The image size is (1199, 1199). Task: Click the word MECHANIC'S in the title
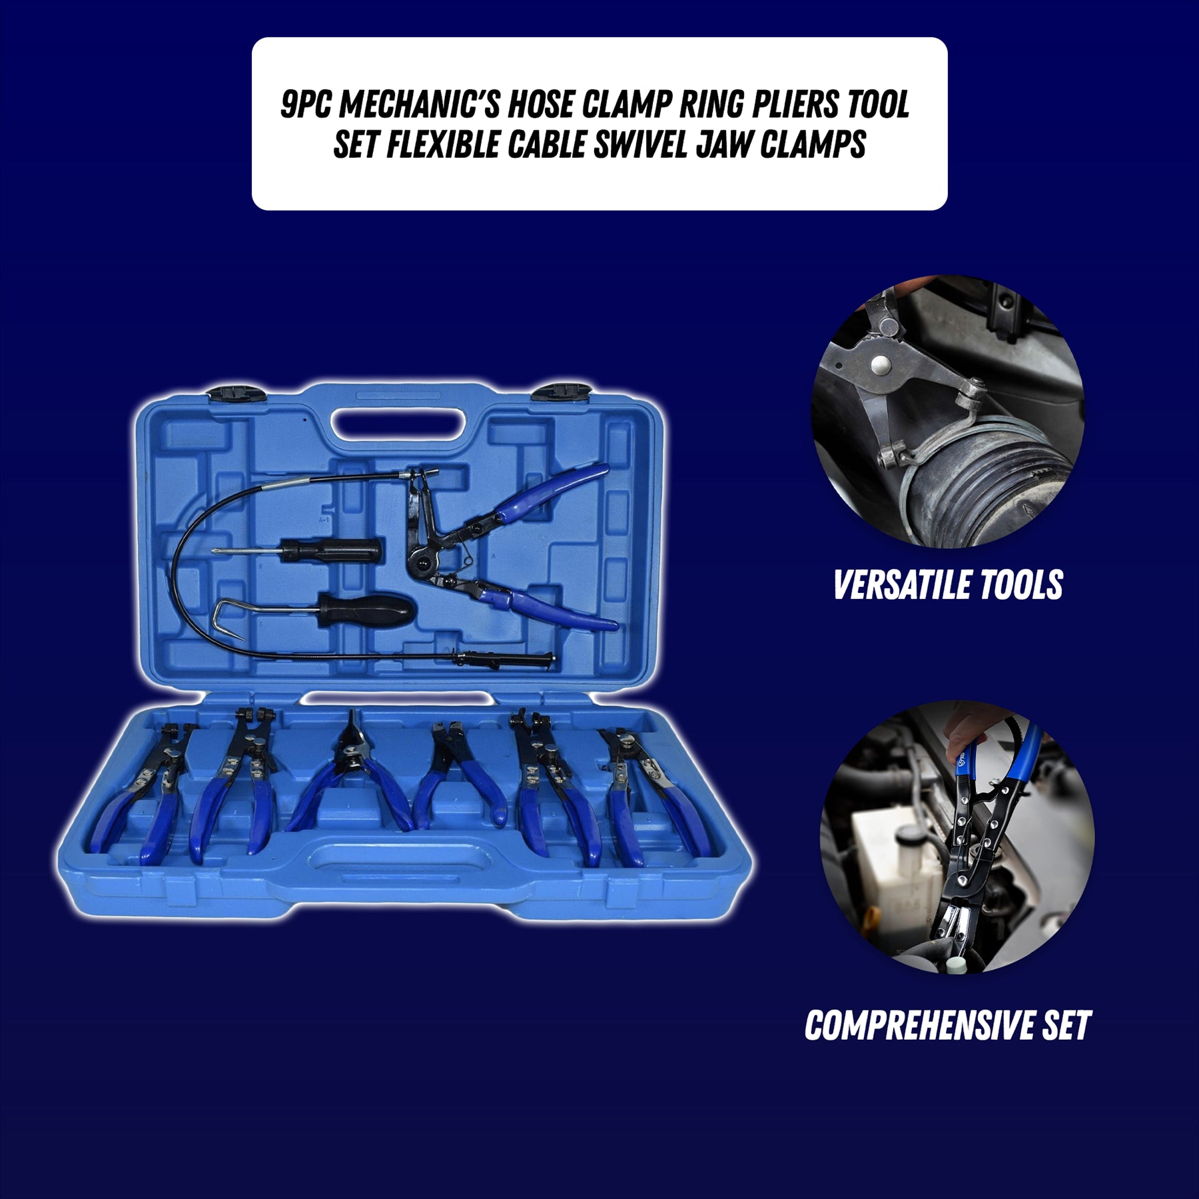tap(422, 105)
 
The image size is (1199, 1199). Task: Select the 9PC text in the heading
tap(306, 105)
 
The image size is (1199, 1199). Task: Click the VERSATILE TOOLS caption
tap(947, 586)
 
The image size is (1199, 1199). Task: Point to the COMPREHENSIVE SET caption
tap(947, 1025)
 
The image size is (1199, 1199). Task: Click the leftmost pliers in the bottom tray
tap(143, 793)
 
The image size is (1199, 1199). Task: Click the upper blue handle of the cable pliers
tap(553, 493)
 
